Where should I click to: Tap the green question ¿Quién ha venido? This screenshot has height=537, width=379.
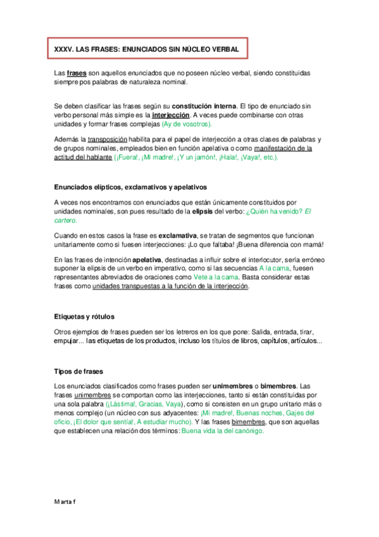click(262, 210)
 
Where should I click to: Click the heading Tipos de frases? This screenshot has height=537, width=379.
click(79, 371)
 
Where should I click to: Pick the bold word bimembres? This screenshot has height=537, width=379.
click(275, 386)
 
